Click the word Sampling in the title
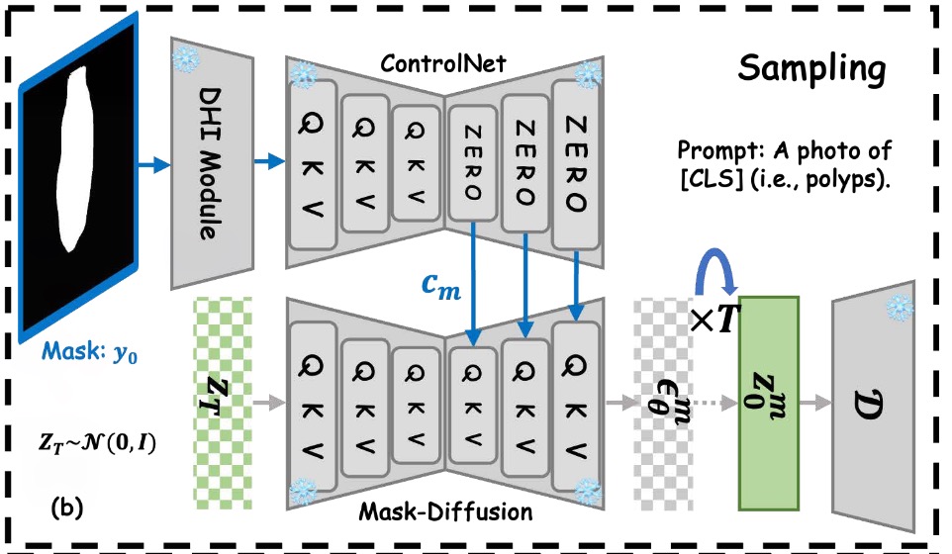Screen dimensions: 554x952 (810, 69)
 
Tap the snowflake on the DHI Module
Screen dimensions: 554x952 (185, 59)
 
